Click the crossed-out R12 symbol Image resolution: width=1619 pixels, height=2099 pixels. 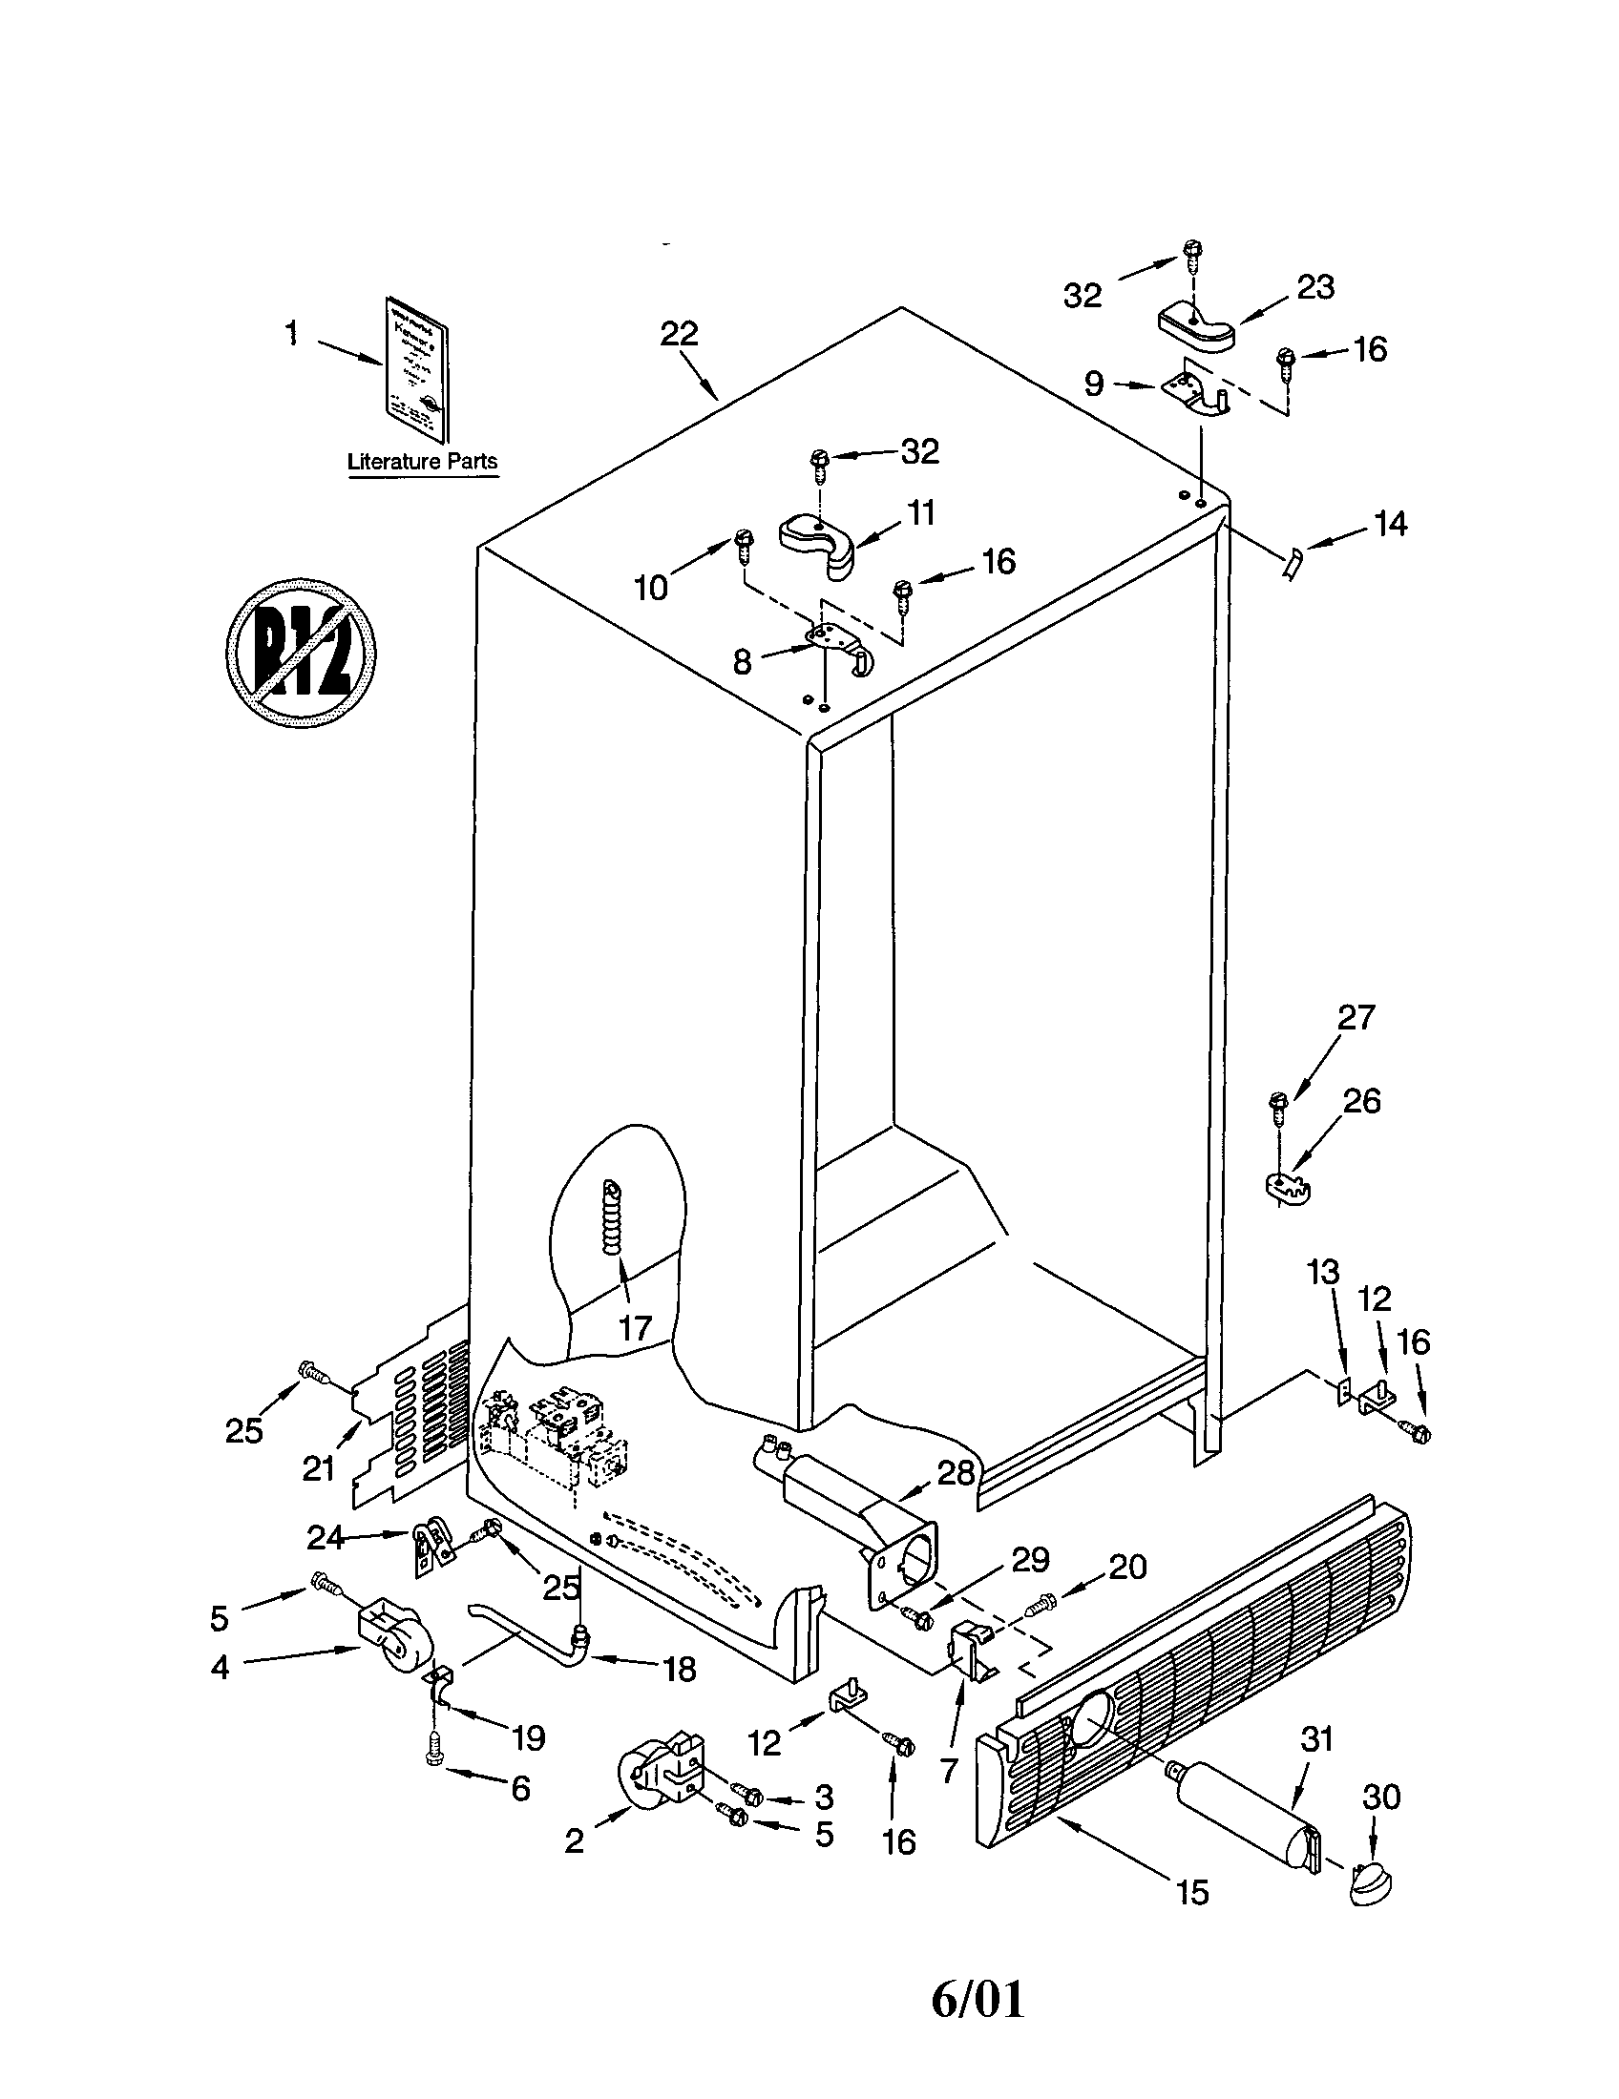click(x=300, y=654)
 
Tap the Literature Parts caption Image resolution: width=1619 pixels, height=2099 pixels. click(x=422, y=462)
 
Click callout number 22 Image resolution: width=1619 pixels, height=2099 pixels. click(x=679, y=335)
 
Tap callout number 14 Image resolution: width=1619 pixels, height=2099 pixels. click(x=1390, y=525)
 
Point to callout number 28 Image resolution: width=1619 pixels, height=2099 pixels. click(x=956, y=1472)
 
